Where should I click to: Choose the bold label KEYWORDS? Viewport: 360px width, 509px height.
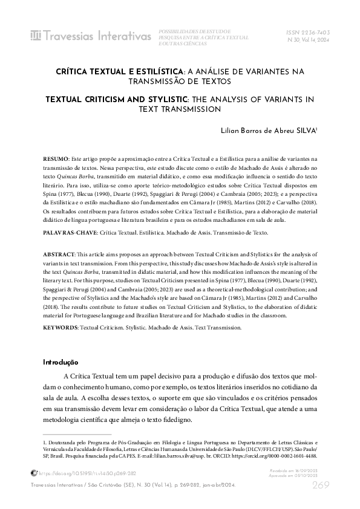[x=61, y=327]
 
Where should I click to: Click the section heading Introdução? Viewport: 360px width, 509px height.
[x=61, y=362]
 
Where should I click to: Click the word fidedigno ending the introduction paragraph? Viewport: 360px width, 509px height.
[x=175, y=420]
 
